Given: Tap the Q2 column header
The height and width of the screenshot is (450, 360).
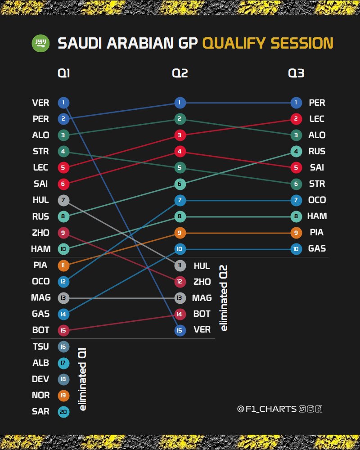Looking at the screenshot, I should tap(180, 73).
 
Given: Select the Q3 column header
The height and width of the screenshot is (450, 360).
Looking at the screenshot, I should tap(296, 73).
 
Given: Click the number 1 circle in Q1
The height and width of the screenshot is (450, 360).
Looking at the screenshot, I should tap(63, 103).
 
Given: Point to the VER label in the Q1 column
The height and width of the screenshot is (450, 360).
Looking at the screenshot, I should tap(40, 103).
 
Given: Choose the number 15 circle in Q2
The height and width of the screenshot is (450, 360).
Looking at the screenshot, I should tap(180, 330).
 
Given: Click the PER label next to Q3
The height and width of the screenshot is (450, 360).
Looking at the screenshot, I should tap(317, 103).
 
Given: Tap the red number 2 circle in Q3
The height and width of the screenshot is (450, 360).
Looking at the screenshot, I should tap(296, 119).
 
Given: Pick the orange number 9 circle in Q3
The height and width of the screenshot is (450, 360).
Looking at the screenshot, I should tap(296, 233).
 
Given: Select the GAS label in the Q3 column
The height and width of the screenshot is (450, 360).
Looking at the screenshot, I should tap(317, 249).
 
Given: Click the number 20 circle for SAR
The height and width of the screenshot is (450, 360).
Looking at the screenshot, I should tap(63, 411).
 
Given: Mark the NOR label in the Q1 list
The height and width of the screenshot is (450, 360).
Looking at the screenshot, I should tap(40, 395).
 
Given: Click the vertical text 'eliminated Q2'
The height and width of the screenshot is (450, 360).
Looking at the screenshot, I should tap(224, 297).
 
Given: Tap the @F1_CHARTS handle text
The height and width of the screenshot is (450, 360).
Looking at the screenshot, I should tap(266, 409).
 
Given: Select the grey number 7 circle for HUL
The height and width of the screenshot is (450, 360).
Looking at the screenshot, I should tap(63, 200).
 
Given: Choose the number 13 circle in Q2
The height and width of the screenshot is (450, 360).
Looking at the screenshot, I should tap(180, 297).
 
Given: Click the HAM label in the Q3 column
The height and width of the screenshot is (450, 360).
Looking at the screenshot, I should tap(317, 216).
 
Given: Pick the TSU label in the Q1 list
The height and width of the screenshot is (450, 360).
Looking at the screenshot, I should tap(40, 346).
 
